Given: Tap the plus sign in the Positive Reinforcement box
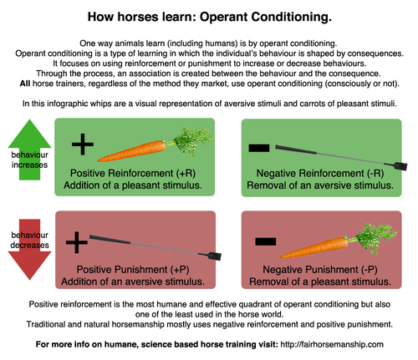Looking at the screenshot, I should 81,145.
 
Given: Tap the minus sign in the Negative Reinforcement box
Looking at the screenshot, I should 259,148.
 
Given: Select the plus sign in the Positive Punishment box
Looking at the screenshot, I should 76,243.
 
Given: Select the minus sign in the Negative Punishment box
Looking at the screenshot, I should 265,241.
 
